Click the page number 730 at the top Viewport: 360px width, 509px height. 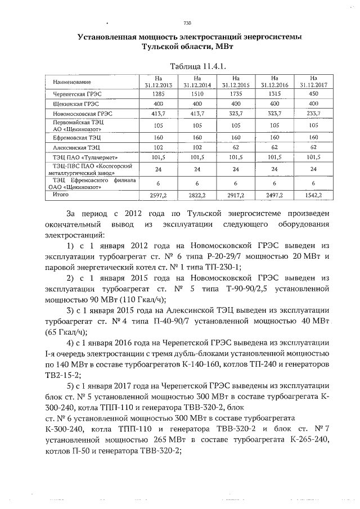pyautogui.click(x=188, y=23)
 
